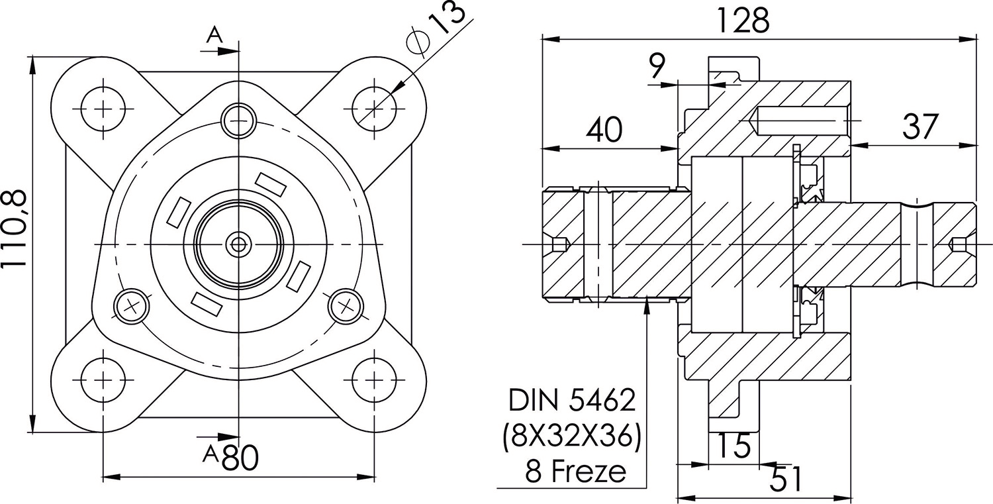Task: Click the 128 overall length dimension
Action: [x=743, y=21]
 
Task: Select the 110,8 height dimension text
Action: [x=15, y=229]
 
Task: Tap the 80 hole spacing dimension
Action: [x=240, y=458]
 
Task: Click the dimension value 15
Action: [x=734, y=446]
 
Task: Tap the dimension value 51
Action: [x=786, y=479]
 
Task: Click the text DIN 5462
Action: [x=572, y=400]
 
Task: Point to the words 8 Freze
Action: [x=575, y=472]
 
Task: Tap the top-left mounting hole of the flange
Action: [x=103, y=108]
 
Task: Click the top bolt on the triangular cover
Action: [x=239, y=121]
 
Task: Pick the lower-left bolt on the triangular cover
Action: [x=130, y=306]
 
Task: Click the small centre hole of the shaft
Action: [x=238, y=244]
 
